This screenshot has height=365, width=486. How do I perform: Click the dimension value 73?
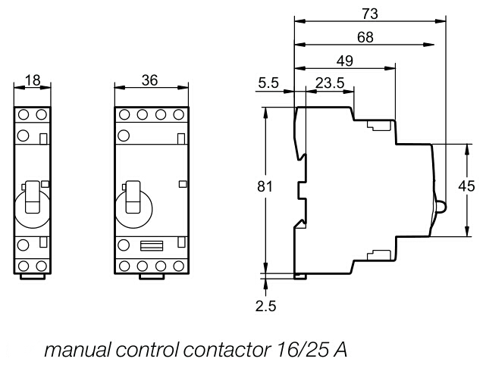[370, 13]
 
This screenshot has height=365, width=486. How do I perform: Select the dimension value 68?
[365, 38]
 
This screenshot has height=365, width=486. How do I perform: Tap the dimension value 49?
[345, 62]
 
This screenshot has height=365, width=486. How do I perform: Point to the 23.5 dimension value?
[330, 83]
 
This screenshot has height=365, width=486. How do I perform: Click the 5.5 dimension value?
[269, 83]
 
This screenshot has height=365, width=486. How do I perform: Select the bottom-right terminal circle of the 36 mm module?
[179, 266]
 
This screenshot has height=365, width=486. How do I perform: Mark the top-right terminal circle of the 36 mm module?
[179, 115]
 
